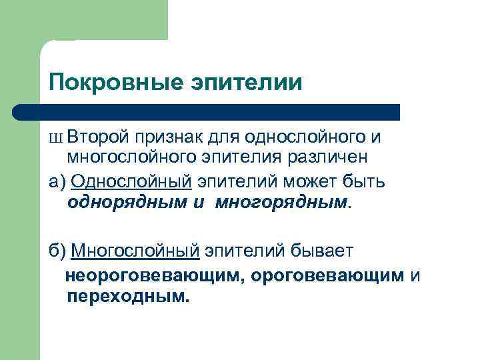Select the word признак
(x=167, y=137)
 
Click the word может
(x=305, y=181)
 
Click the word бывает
(x=324, y=251)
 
